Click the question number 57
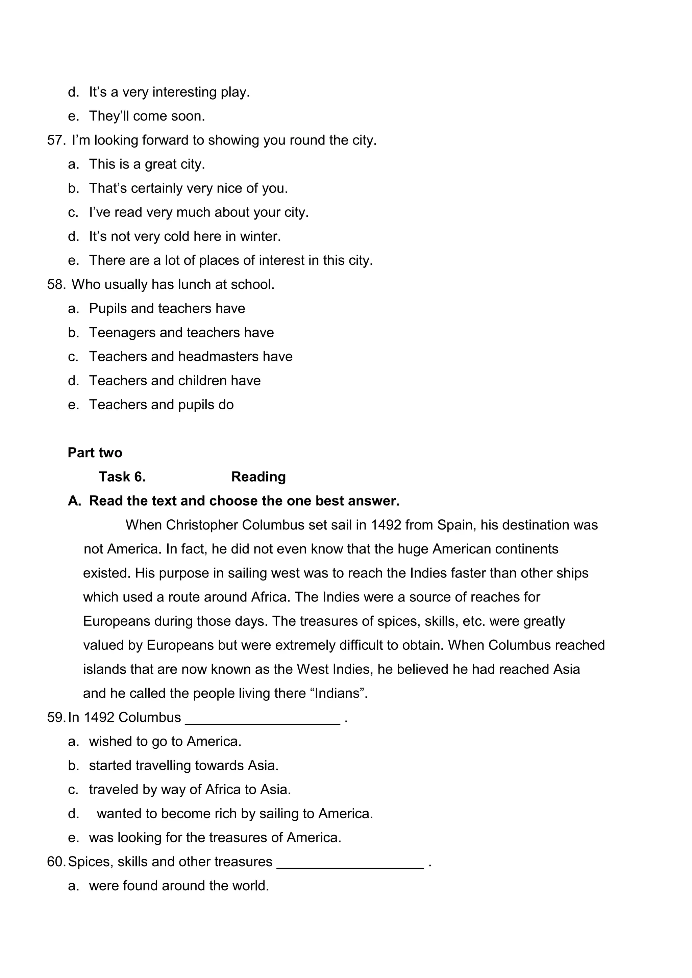[x=55, y=140]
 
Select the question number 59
[x=55, y=718]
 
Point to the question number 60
[x=55, y=862]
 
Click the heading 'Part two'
[x=95, y=453]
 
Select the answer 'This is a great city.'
[x=147, y=164]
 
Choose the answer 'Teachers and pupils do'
[x=161, y=405]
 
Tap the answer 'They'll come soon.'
[x=147, y=116]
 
